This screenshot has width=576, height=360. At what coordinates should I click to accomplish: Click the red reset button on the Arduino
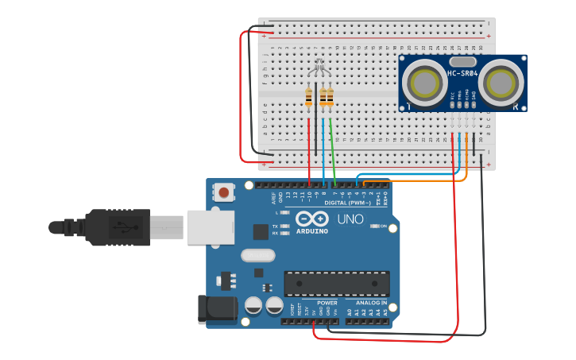tap(224, 192)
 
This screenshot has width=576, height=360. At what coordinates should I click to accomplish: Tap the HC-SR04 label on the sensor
tap(462, 74)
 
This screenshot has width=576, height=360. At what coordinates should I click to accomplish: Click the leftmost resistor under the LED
tap(308, 98)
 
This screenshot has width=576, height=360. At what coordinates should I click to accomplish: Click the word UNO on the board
tap(350, 219)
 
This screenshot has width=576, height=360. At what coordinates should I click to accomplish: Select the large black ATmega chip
tap(337, 284)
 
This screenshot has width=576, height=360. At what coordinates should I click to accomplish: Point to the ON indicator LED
tap(375, 226)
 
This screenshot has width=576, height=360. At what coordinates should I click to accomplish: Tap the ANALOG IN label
tap(372, 303)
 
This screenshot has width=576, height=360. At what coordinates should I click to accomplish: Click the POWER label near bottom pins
tap(327, 303)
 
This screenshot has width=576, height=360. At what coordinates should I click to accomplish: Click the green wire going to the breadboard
tap(332, 151)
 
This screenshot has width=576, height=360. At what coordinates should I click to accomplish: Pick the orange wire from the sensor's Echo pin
tap(466, 159)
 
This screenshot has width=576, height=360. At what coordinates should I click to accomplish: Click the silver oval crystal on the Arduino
tap(257, 255)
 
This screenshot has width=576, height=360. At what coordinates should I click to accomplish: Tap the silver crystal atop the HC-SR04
tap(462, 61)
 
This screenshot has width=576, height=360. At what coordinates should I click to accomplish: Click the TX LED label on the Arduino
tap(275, 226)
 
